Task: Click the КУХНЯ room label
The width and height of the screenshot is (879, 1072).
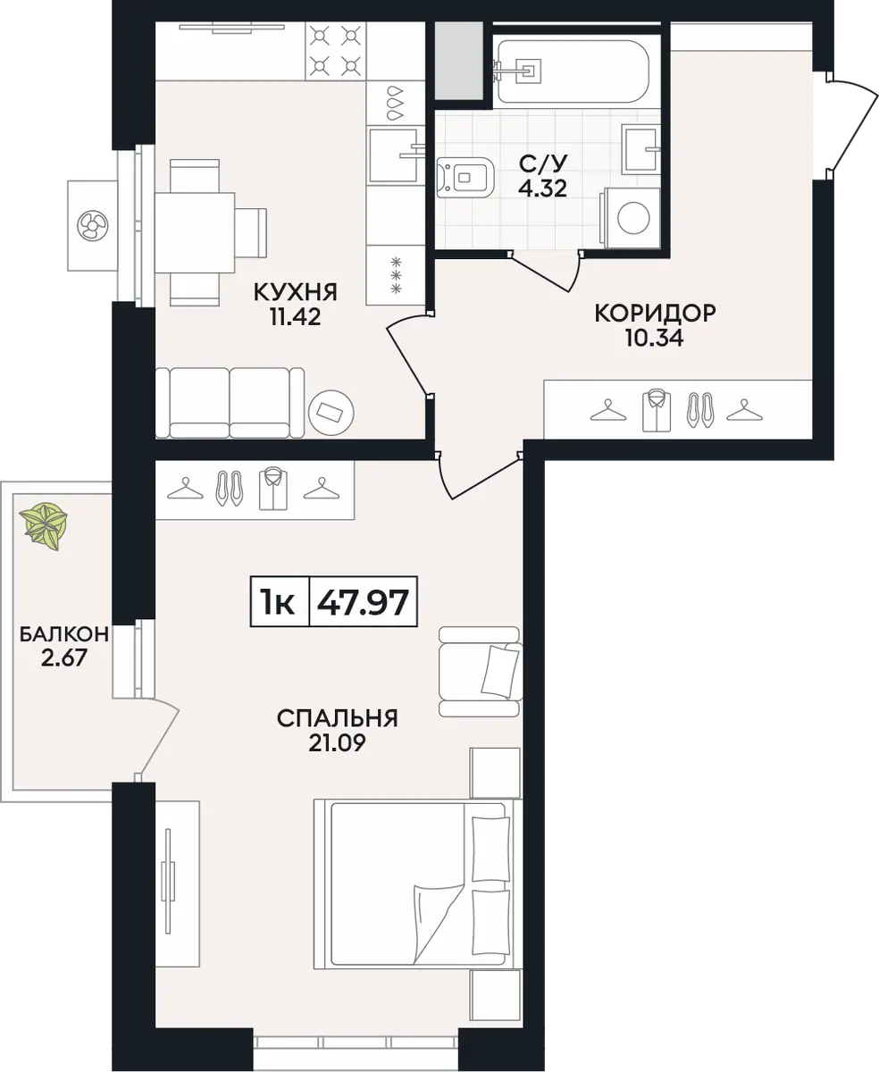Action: (x=295, y=293)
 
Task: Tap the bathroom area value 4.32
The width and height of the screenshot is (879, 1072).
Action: (x=542, y=189)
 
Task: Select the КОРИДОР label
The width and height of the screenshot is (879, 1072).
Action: (x=655, y=313)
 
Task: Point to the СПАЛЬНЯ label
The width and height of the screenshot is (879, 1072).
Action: (x=337, y=719)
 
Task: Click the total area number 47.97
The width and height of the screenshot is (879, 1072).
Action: (x=363, y=603)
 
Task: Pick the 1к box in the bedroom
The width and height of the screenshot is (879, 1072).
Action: (x=279, y=601)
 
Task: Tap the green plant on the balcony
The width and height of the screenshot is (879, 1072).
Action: (x=43, y=525)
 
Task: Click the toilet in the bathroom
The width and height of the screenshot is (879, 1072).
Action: (x=465, y=178)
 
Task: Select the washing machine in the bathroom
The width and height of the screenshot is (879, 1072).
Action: (x=631, y=218)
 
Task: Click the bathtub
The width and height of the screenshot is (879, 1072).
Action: (x=572, y=71)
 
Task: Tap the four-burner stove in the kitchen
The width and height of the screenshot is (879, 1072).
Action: (x=335, y=51)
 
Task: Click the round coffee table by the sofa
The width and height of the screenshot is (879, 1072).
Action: (x=331, y=414)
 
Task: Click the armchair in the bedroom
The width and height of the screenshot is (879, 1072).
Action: (x=480, y=672)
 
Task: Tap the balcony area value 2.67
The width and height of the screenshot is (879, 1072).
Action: (x=64, y=659)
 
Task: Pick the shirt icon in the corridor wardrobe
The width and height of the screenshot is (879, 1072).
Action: (x=657, y=411)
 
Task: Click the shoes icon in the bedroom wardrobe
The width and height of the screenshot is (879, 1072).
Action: (x=229, y=488)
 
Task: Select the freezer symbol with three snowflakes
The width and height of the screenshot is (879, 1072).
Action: (x=396, y=275)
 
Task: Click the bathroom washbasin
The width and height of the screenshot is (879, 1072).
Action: (x=642, y=148)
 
